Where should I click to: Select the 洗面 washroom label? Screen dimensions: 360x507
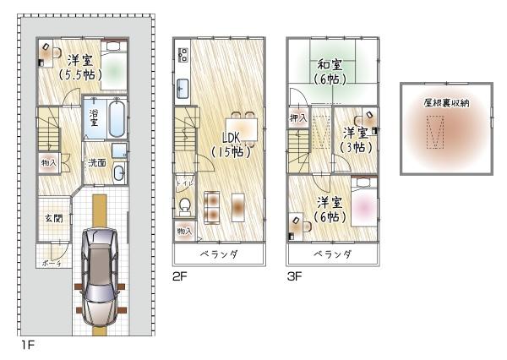(97, 162)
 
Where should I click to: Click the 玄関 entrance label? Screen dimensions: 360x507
(53, 218)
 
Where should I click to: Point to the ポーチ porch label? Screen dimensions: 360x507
(52, 263)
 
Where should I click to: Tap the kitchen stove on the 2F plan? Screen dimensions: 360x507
(183, 56)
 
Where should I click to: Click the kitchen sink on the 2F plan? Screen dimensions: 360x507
(183, 85)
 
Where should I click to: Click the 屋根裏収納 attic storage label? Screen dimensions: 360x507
(446, 102)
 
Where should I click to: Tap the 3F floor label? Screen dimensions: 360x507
(295, 275)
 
